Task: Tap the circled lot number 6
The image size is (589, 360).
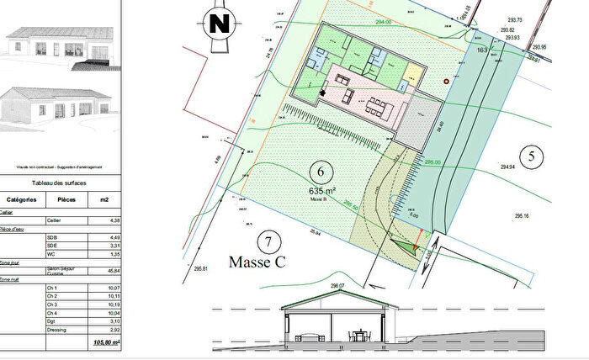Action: coord(318,172)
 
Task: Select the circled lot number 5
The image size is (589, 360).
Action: coord(530,155)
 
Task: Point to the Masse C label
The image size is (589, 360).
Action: coord(257,262)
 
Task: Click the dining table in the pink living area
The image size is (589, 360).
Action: coord(379,108)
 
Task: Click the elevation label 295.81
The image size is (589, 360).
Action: coord(199,269)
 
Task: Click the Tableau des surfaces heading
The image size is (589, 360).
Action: coord(58,183)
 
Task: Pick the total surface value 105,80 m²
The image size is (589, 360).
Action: coord(105,343)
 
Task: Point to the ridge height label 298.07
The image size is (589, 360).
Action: coord(338,287)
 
